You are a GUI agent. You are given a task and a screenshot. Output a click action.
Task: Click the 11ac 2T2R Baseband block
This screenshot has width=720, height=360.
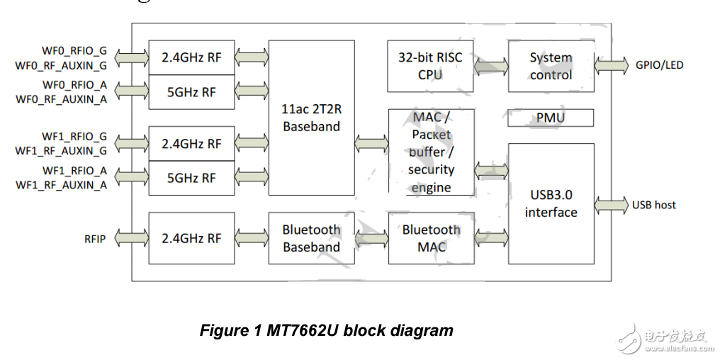click(311, 118)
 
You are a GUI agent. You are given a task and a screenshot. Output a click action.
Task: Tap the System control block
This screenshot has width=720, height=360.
click(551, 66)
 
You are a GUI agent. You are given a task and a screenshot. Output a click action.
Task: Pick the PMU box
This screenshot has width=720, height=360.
click(551, 118)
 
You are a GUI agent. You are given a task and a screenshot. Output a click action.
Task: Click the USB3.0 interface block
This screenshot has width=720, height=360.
click(551, 203)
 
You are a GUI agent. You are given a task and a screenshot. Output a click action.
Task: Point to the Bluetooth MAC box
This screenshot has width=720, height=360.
click(431, 238)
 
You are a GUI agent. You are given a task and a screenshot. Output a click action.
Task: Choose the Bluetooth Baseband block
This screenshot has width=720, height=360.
click(311, 238)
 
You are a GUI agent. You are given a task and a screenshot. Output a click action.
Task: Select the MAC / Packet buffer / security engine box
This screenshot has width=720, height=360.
click(430, 152)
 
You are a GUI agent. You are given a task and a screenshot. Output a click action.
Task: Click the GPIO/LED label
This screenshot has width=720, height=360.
click(659, 65)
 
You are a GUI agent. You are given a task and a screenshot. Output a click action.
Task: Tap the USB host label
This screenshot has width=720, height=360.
click(654, 205)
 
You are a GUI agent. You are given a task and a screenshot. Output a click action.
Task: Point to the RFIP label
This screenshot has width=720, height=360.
click(94, 239)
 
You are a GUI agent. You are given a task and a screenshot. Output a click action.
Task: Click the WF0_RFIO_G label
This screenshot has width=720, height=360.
click(74, 51)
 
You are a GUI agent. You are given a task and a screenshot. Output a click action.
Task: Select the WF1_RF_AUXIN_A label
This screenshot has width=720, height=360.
click(62, 184)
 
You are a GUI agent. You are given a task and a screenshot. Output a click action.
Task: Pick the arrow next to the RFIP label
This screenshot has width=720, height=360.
click(130, 239)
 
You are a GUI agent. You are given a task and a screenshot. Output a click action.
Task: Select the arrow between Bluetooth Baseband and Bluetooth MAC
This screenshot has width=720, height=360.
click(371, 239)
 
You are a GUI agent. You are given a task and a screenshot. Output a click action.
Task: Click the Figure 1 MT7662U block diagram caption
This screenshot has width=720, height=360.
click(327, 330)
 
